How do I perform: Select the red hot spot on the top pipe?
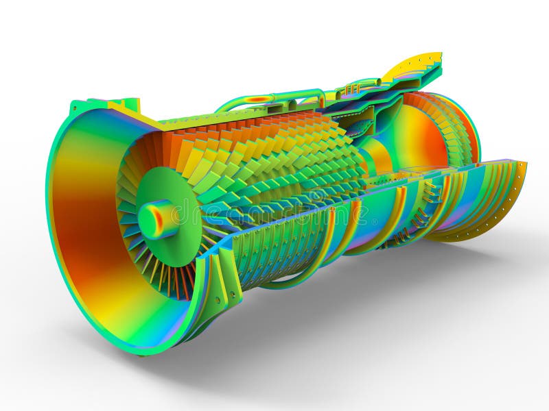coord(259,99)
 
